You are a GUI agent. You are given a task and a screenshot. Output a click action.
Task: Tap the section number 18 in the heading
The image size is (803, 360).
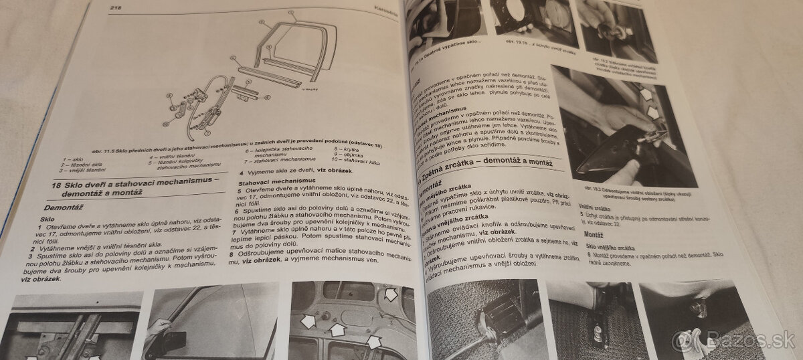pos(56,185)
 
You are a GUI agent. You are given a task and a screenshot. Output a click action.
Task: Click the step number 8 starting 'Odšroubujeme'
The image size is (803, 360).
pos(231,254)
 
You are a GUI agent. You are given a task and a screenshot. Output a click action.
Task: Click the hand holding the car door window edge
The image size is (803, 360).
pos(159,328)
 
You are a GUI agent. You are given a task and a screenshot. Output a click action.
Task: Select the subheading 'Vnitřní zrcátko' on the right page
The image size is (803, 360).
pos(596,207)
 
